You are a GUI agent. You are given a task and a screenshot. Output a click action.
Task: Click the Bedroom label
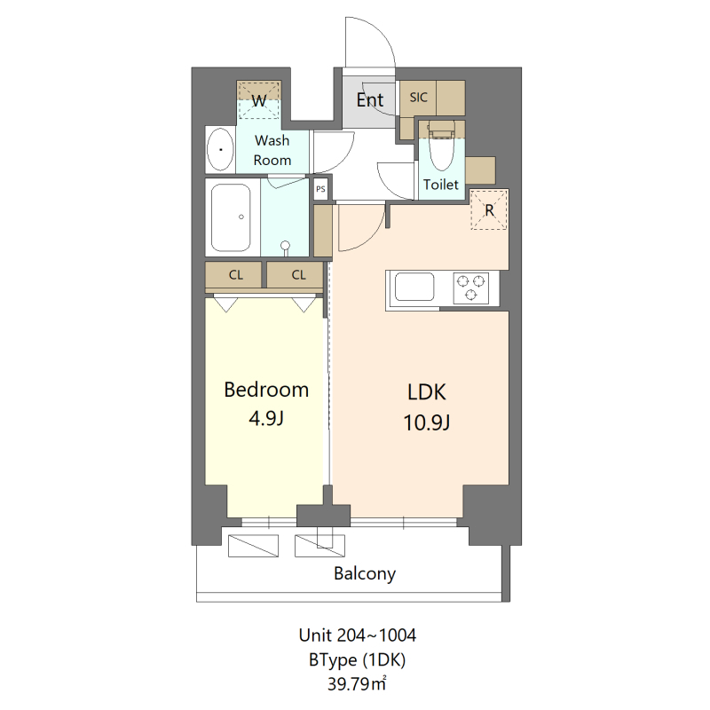266,389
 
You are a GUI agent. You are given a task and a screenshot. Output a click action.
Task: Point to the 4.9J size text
266,418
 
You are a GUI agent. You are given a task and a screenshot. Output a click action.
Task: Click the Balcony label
365,573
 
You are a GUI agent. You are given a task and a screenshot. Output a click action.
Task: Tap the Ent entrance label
369,100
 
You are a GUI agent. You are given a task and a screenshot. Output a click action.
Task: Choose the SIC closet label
419,99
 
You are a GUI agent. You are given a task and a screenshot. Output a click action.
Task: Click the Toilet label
441,185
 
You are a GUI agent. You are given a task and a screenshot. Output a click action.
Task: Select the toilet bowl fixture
441,151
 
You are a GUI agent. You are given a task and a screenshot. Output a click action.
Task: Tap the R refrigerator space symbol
488,210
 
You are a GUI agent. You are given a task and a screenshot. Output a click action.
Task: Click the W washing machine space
259,100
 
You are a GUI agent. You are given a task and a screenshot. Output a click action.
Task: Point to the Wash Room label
272,150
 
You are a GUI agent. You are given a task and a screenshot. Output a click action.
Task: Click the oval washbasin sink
220,151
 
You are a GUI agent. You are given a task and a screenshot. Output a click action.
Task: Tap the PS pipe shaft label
320,189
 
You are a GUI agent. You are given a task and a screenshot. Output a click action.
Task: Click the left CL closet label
235,275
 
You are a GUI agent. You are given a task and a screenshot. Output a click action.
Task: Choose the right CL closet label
298,275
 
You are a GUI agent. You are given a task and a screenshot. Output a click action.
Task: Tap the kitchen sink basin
414,288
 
